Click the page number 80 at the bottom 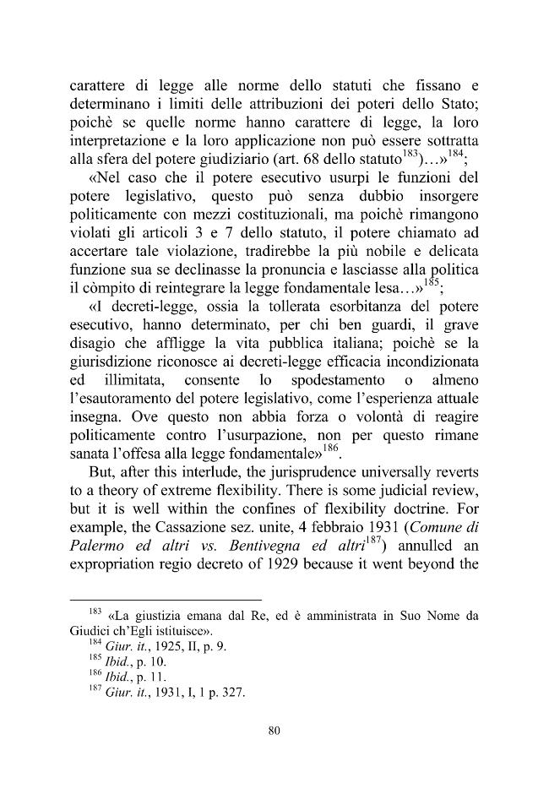pyautogui.click(x=273, y=731)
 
